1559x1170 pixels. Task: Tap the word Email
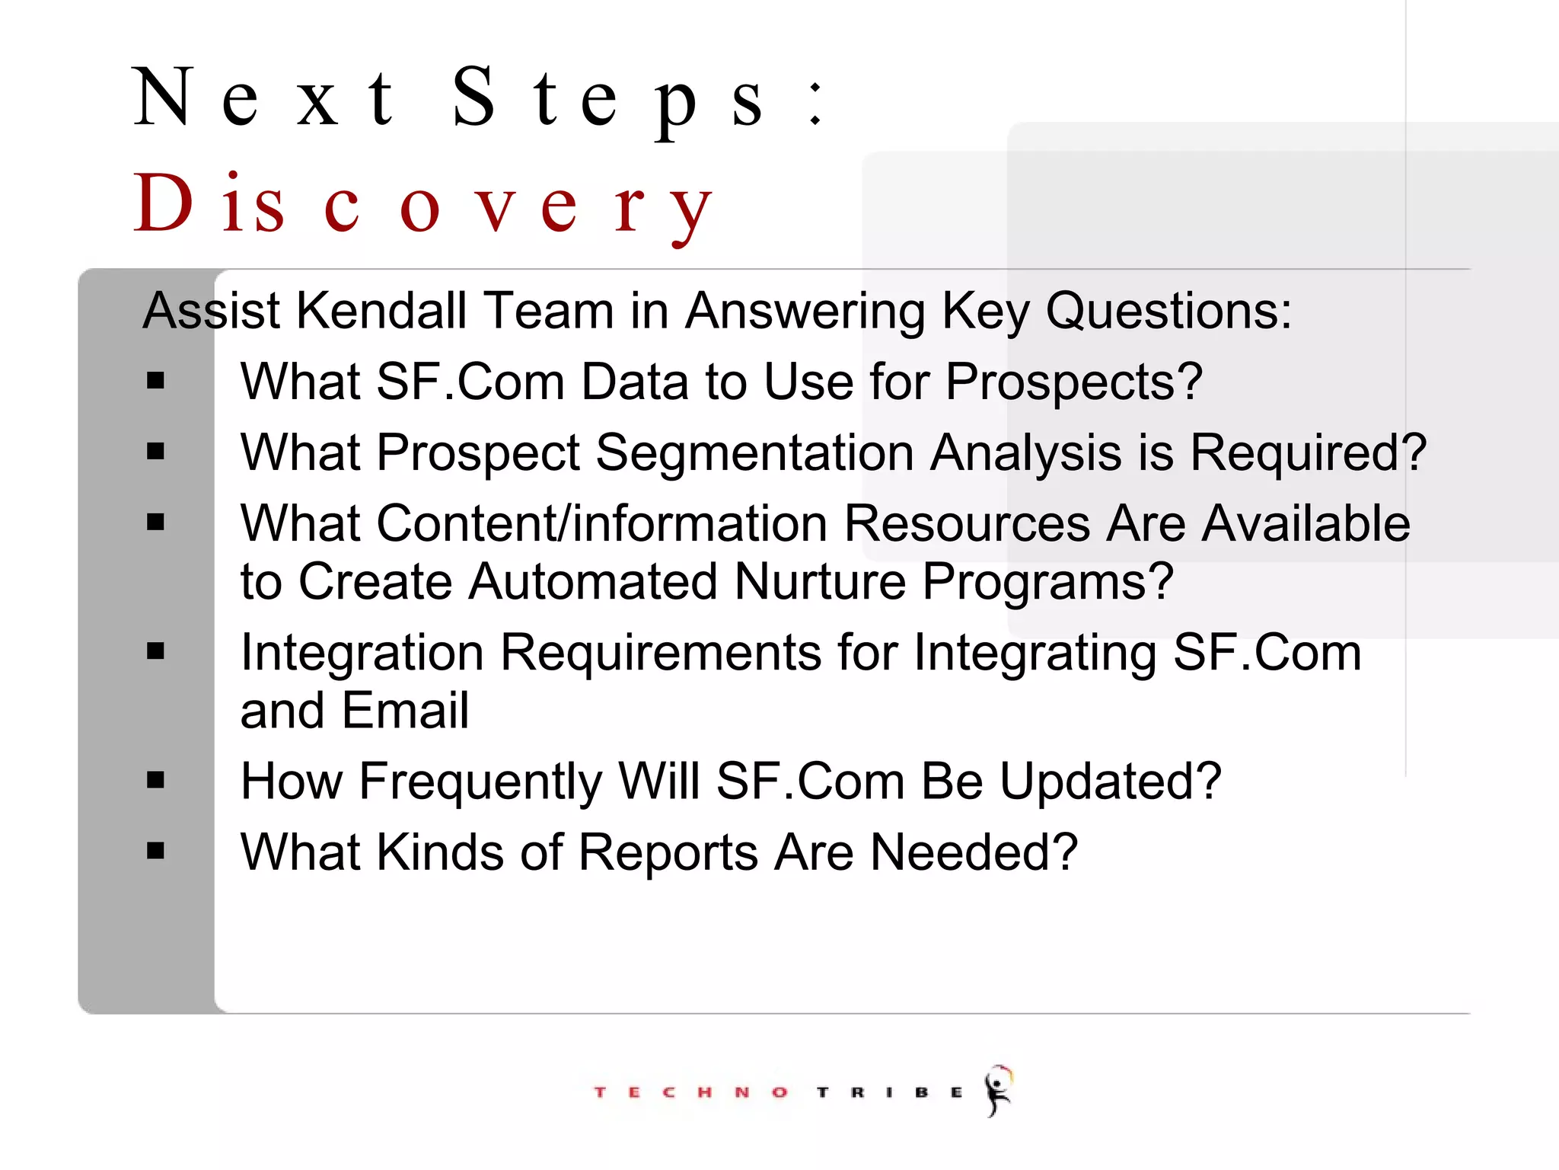click(x=404, y=711)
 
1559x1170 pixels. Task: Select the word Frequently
click(x=480, y=782)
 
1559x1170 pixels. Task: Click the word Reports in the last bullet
click(x=668, y=852)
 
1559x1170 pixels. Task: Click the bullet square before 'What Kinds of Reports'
click(x=156, y=851)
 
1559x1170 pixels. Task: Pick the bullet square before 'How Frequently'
click(x=156, y=780)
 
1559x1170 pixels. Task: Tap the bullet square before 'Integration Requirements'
click(x=156, y=651)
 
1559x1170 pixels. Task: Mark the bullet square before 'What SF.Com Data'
click(x=156, y=380)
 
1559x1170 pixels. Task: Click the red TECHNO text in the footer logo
click(x=690, y=1092)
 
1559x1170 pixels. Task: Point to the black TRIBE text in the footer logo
click(x=889, y=1092)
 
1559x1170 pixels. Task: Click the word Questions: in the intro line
click(x=1168, y=311)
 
